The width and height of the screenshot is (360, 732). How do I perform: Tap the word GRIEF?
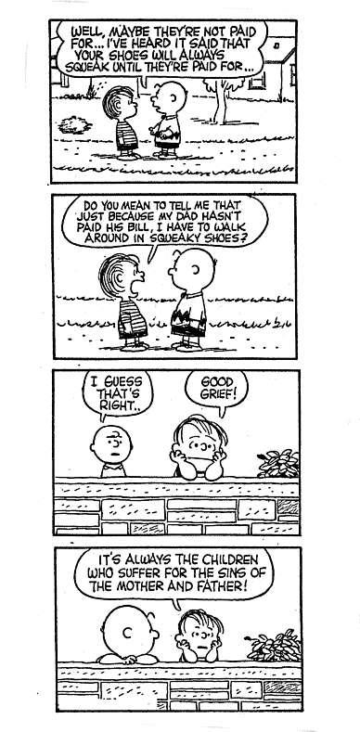tap(219, 394)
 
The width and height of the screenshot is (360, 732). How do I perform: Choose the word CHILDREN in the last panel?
tap(232, 559)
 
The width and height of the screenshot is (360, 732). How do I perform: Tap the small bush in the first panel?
tap(74, 124)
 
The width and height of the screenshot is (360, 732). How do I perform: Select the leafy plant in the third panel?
tap(278, 464)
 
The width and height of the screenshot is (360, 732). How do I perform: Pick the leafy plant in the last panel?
tap(274, 646)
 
